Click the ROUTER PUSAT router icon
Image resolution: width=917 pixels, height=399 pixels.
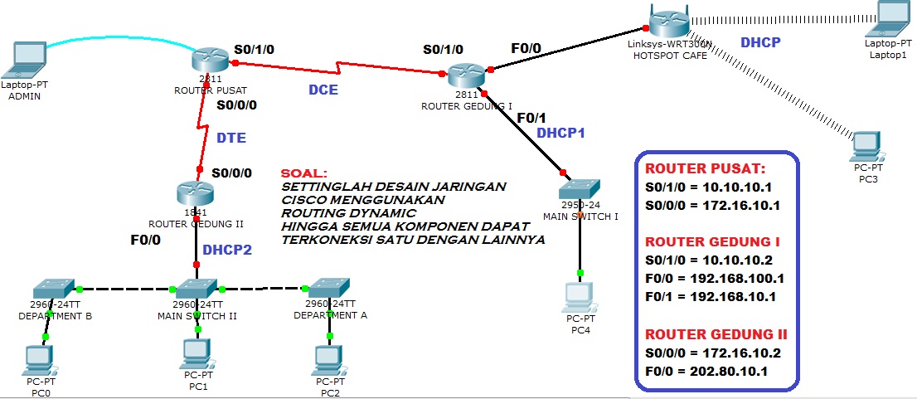click(208, 60)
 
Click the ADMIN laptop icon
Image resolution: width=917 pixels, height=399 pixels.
click(25, 59)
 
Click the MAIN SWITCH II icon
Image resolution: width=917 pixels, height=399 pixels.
click(196, 289)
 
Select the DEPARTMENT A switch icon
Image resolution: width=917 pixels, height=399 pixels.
click(329, 289)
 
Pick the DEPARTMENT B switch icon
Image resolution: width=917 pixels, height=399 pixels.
click(55, 289)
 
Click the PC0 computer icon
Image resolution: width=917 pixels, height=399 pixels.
click(38, 358)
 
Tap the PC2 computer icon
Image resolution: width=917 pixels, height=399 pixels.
click(329, 358)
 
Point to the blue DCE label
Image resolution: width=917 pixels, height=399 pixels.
click(323, 90)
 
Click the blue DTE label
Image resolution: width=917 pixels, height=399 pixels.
click(231, 138)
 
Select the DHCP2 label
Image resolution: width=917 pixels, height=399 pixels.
click(226, 249)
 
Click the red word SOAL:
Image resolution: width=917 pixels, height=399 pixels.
click(304, 173)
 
